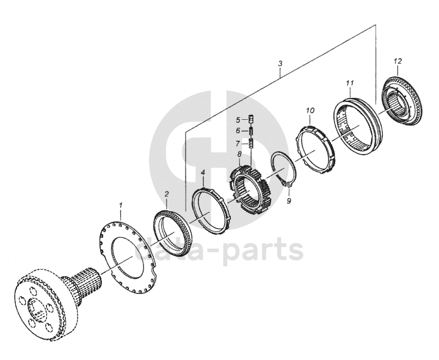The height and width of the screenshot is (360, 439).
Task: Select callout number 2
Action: click(x=167, y=194)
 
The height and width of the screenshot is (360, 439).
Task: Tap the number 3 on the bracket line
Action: click(x=280, y=64)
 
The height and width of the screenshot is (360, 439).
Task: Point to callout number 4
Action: click(x=203, y=173)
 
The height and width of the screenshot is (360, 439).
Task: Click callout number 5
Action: click(x=239, y=119)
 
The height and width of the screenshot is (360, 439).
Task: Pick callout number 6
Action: click(x=239, y=131)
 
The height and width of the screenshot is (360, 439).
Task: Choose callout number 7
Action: click(x=239, y=144)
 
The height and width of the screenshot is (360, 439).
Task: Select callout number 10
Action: click(x=310, y=111)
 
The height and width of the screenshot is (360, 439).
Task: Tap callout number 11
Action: click(x=349, y=82)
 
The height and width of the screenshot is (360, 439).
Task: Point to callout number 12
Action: click(x=397, y=61)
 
